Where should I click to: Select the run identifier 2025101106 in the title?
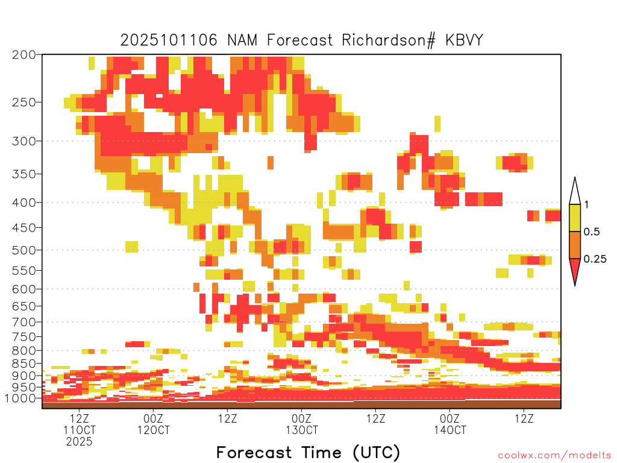coord(171,40)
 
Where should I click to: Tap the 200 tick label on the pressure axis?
coord(24,55)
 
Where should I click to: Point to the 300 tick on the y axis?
coord(24,141)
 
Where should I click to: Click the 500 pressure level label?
coord(24,250)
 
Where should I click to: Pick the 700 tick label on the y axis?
coord(24,321)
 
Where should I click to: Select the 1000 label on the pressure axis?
coord(22,398)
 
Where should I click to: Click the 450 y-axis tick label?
coord(24,228)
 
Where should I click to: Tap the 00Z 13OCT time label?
coord(301,424)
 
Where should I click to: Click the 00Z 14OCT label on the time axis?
coord(449,424)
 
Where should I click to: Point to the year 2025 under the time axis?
coord(80,441)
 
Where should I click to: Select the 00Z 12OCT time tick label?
coord(153,424)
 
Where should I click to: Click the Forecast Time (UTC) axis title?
coord(308,452)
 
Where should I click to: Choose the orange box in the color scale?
coord(575,245)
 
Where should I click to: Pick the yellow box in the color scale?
coord(575,218)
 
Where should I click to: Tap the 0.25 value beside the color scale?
coord(595,259)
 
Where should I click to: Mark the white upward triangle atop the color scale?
coord(575,192)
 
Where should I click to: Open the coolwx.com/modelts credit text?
coord(554,455)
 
